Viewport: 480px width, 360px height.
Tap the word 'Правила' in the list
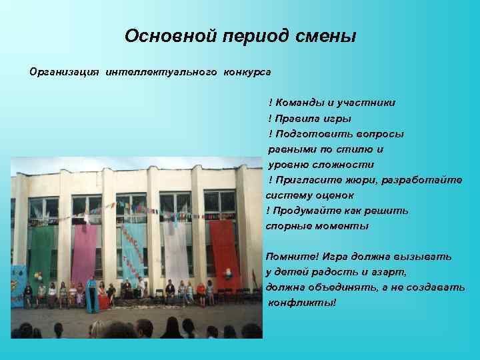pos(298,118)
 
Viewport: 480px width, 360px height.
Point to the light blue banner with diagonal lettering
pos(134,250)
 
